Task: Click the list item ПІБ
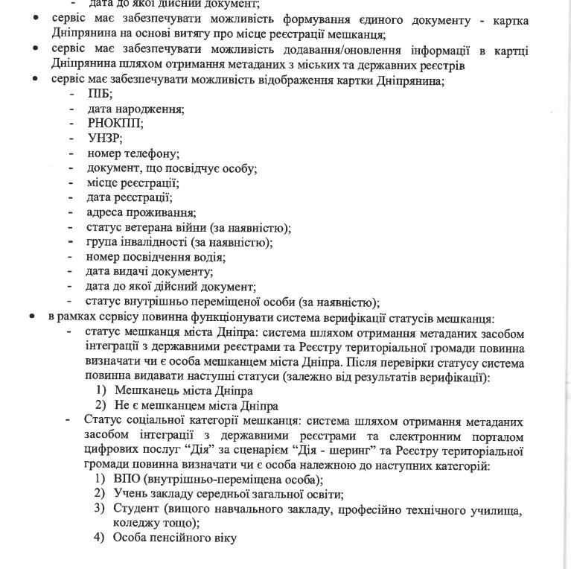(99, 94)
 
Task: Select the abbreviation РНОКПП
(115, 124)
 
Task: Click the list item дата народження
(135, 109)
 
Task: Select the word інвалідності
(158, 242)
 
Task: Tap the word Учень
(130, 493)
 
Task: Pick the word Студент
(138, 508)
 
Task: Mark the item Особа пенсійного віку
(174, 537)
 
